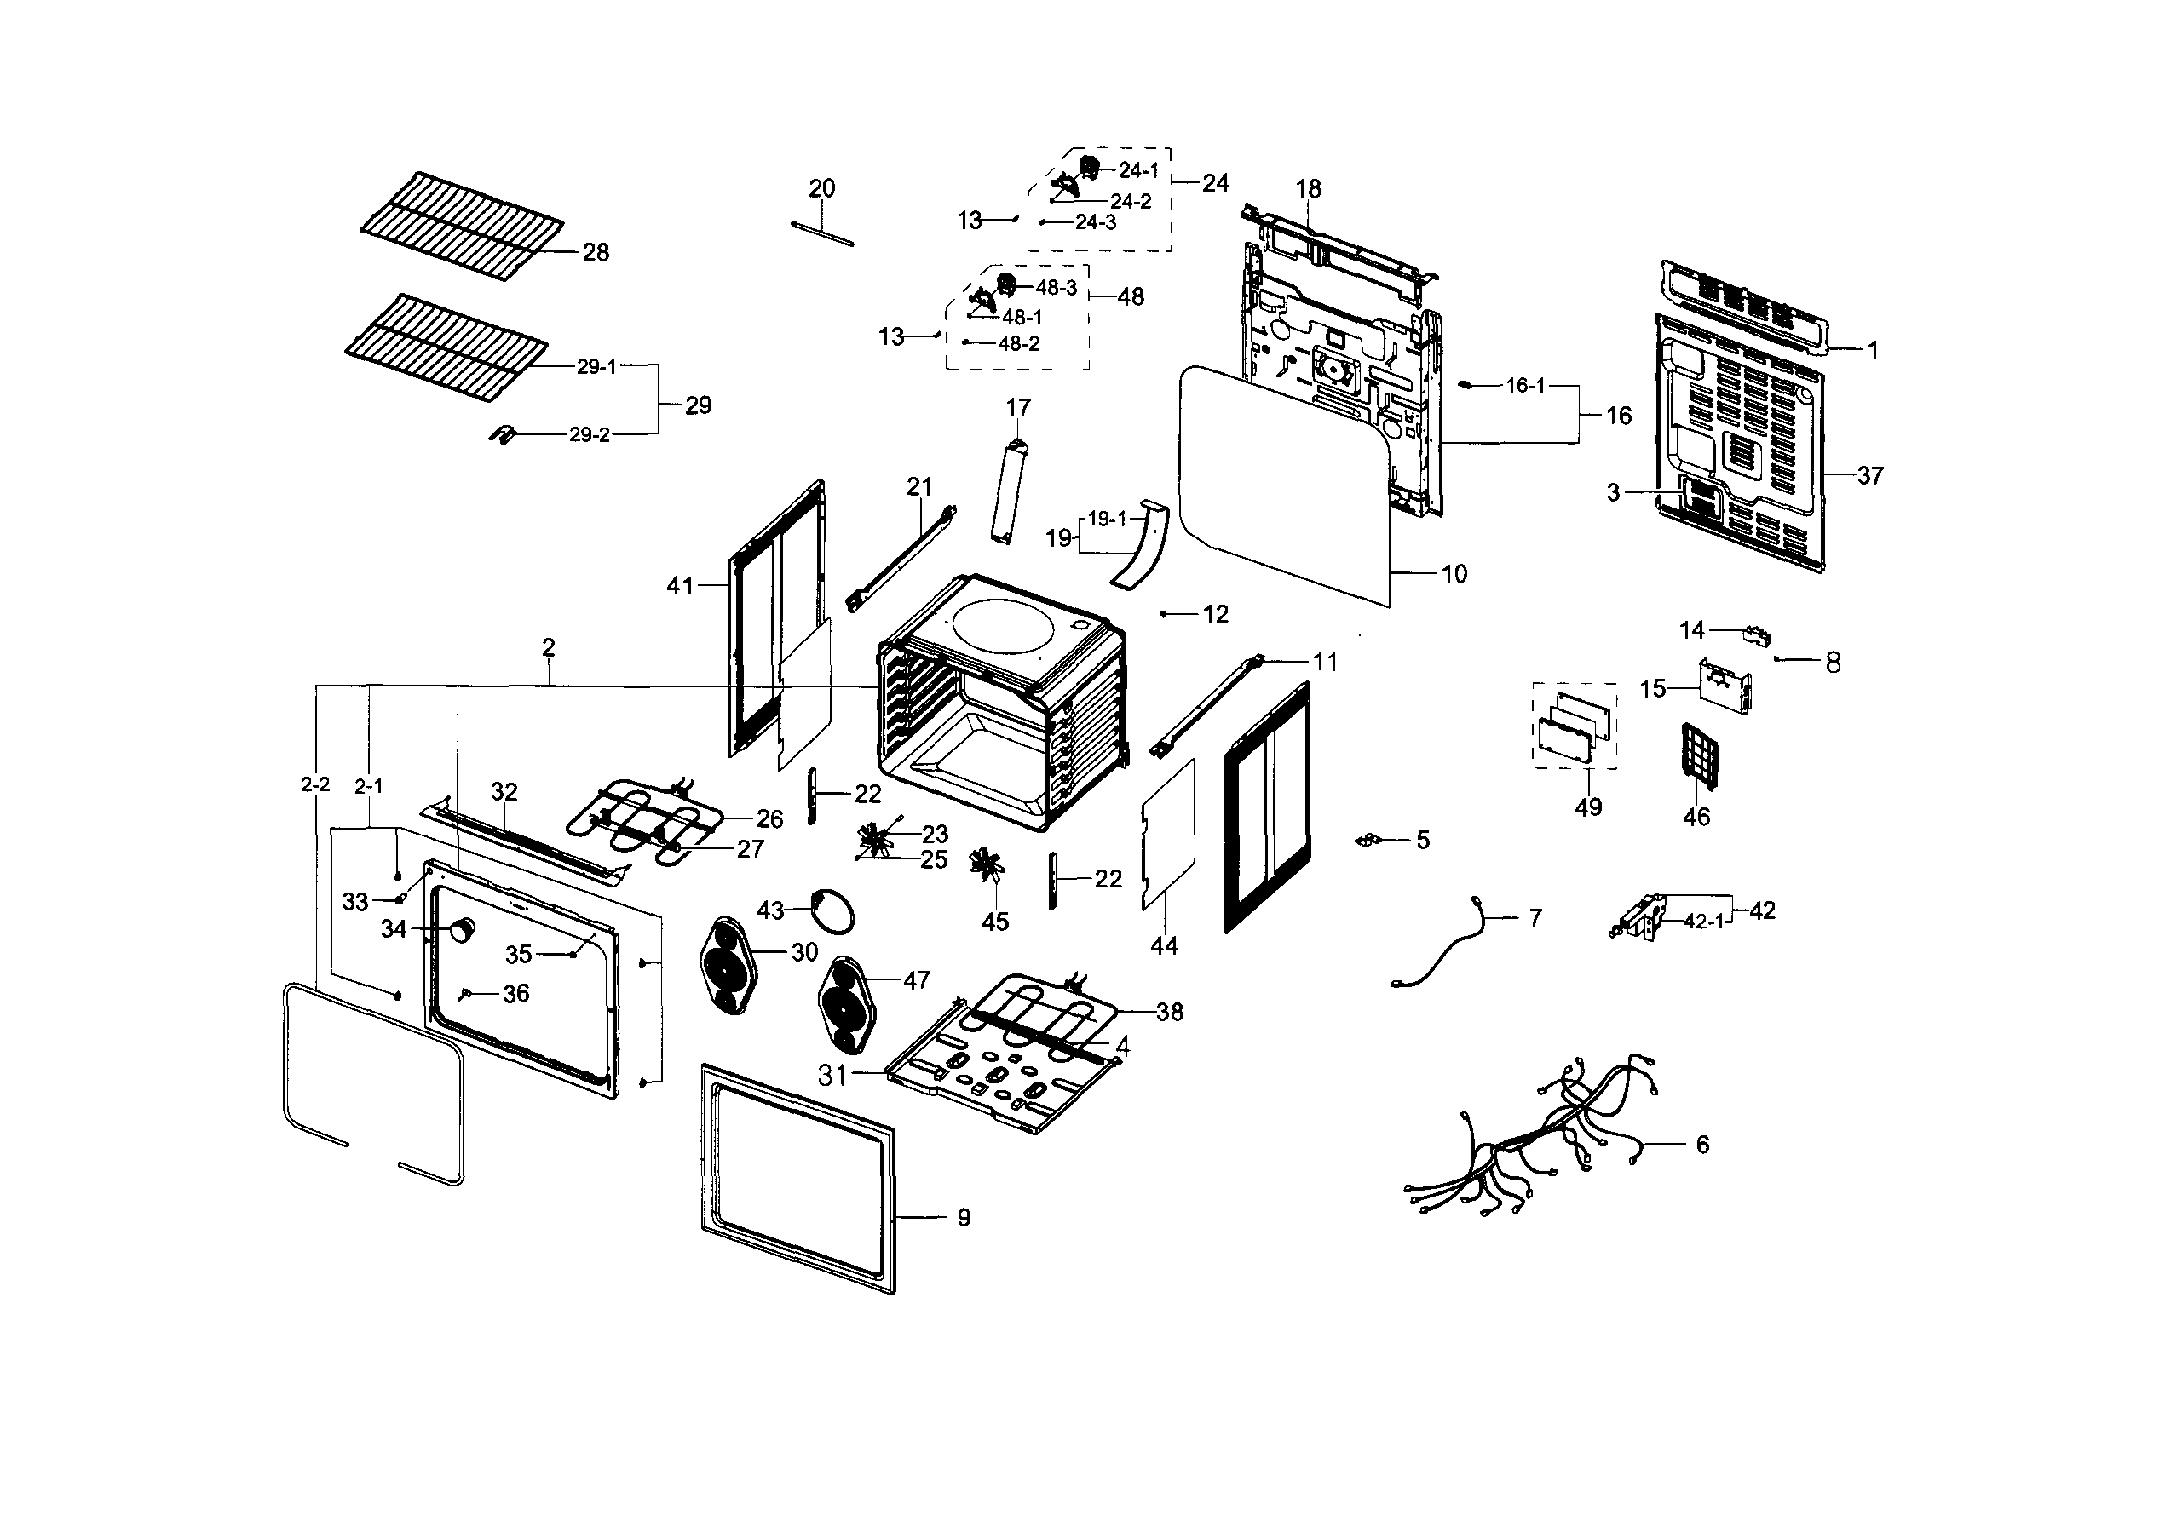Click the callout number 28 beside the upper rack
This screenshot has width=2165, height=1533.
tap(595, 252)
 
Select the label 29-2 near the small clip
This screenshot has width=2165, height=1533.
tap(589, 435)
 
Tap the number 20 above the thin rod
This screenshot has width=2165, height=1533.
tap(821, 189)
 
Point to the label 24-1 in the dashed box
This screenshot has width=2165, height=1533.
tap(1138, 171)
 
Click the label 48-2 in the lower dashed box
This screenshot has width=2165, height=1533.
tap(1019, 343)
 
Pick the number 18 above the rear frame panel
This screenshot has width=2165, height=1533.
tap(1308, 189)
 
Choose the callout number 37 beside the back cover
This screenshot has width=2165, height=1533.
tap(1869, 476)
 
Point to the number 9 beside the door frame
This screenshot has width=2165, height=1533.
tap(963, 1218)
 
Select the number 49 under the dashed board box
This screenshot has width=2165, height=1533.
tap(1588, 807)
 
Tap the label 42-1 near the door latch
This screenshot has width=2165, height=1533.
tap(1703, 922)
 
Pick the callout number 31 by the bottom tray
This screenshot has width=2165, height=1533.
tap(832, 1075)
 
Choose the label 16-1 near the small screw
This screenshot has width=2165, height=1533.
tap(1525, 385)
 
